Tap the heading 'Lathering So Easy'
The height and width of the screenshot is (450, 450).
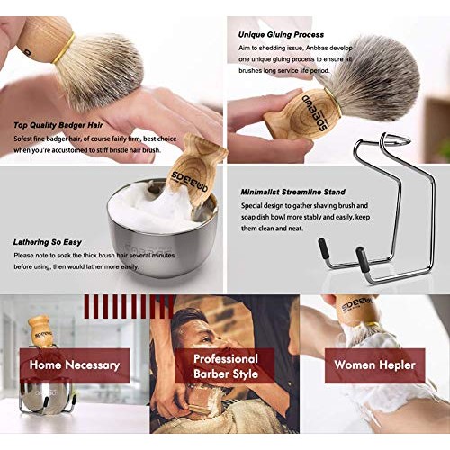click(49, 242)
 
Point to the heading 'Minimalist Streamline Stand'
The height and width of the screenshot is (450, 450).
click(296, 192)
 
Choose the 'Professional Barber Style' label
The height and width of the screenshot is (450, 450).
click(225, 364)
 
